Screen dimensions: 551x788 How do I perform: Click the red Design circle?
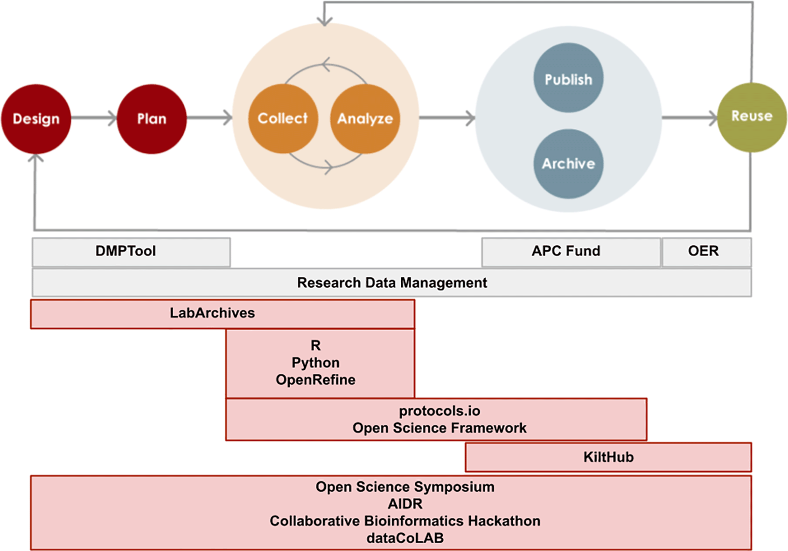(x=36, y=119)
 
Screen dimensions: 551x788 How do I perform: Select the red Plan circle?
(x=152, y=119)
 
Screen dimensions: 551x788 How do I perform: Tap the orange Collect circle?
(x=283, y=119)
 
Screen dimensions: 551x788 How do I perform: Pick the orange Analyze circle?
(x=365, y=119)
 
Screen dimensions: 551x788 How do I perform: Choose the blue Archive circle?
(x=568, y=164)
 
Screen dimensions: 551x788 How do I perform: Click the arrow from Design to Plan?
(x=93, y=118)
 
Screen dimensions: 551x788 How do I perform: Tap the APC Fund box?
(x=566, y=251)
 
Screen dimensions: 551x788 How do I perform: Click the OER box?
(x=703, y=251)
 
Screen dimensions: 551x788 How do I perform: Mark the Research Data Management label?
(x=392, y=283)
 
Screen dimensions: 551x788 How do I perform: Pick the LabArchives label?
(x=212, y=313)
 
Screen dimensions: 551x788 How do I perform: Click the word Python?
(x=315, y=363)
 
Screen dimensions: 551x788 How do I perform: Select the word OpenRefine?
(x=315, y=380)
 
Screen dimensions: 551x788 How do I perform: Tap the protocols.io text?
(x=439, y=411)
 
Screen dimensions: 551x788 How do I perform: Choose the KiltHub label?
(x=608, y=457)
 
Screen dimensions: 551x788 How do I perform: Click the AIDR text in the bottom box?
(x=405, y=504)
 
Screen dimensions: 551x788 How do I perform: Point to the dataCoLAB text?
(x=405, y=538)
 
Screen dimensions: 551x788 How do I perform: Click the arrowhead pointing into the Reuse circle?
(x=713, y=118)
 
